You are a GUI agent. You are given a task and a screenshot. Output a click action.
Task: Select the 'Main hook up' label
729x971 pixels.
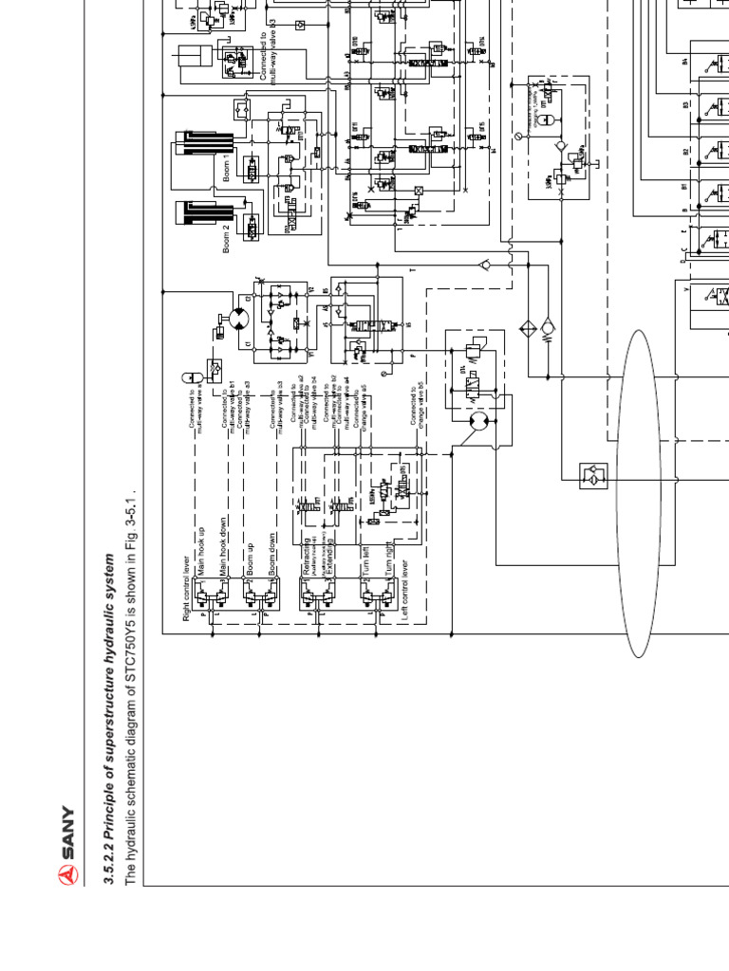[200, 549]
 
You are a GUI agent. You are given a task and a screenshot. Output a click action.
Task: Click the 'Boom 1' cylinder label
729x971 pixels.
[227, 167]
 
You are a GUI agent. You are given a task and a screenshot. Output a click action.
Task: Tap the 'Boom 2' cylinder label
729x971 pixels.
[227, 238]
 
